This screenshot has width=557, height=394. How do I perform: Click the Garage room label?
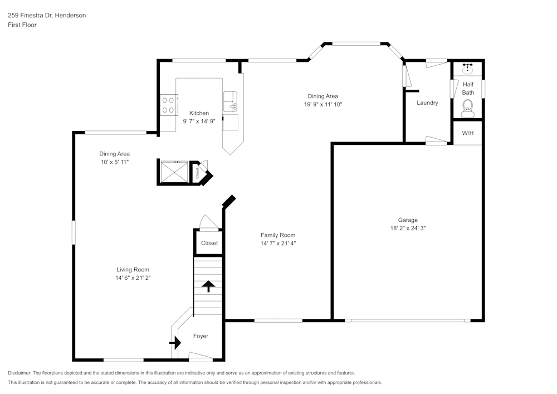[x=407, y=220]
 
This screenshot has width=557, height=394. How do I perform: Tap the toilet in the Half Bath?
[x=467, y=107]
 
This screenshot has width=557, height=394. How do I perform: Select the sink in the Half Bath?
[x=467, y=70]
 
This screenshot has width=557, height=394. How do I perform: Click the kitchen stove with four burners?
[x=168, y=104]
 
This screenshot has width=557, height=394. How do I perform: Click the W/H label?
[x=467, y=133]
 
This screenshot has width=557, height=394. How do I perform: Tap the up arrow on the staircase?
[x=208, y=286]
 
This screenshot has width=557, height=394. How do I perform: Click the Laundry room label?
[x=427, y=103]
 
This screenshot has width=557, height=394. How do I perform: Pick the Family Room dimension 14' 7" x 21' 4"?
[x=277, y=244]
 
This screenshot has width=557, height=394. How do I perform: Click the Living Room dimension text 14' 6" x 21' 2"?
[x=133, y=278]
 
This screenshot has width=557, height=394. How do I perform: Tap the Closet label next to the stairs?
[x=209, y=243]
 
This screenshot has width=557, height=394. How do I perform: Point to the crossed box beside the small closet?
[x=173, y=172]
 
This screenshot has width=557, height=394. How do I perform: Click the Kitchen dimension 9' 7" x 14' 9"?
[x=199, y=121]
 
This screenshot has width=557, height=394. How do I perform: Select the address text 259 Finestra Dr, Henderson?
[x=47, y=16]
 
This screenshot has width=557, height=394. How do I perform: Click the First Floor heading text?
[x=22, y=25]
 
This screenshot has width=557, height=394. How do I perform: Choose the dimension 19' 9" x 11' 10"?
[x=323, y=104]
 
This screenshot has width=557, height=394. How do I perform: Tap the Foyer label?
[x=201, y=336]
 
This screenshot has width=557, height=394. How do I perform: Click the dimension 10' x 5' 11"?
[x=114, y=162]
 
